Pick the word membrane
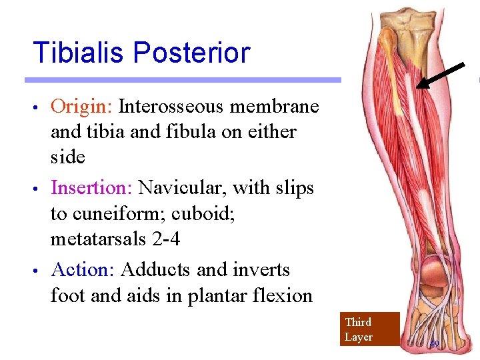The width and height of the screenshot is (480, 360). point(281,107)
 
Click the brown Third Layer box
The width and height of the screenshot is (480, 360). point(369,329)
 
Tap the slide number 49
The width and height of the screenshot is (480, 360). point(434,345)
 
